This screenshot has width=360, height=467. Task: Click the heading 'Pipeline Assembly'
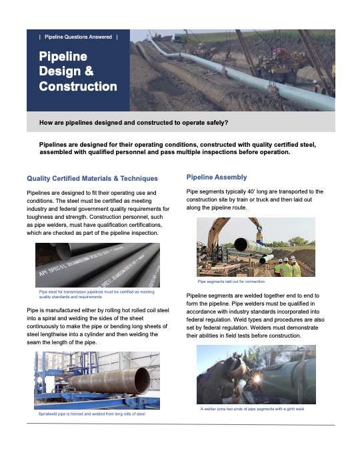(x=217, y=177)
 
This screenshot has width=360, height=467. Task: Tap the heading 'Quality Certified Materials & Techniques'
(x=92, y=178)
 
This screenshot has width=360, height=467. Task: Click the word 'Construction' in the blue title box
(x=78, y=87)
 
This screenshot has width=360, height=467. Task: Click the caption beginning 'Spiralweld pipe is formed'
(x=93, y=414)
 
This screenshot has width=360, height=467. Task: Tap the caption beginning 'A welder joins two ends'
(x=252, y=409)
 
